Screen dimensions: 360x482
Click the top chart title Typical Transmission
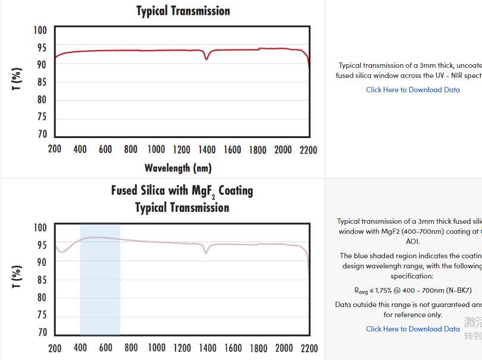pos(183,11)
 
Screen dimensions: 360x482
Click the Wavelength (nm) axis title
pos(178,168)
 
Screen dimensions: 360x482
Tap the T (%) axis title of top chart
pos(17,80)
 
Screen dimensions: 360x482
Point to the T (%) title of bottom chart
pos(17,277)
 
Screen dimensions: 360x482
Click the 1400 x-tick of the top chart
pos(207,149)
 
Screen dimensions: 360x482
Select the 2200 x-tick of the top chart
pos(308,149)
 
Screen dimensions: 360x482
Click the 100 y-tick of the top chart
pos(40,30)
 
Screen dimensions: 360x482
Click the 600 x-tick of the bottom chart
pos(106,348)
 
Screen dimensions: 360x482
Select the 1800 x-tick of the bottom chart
pos(258,348)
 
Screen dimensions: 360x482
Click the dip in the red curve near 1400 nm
pos(206,58)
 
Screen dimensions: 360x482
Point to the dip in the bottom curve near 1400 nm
pos(206,252)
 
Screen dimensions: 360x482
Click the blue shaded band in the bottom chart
pos(100,286)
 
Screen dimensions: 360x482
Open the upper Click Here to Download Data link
pos(412,90)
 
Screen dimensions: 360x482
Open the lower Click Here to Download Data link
pos(412,328)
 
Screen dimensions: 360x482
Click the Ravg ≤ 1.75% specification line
pos(412,290)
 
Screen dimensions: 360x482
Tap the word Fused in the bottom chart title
pos(124,190)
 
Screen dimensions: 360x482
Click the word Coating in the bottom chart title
pos(236,190)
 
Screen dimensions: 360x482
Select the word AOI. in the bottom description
pos(412,242)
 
